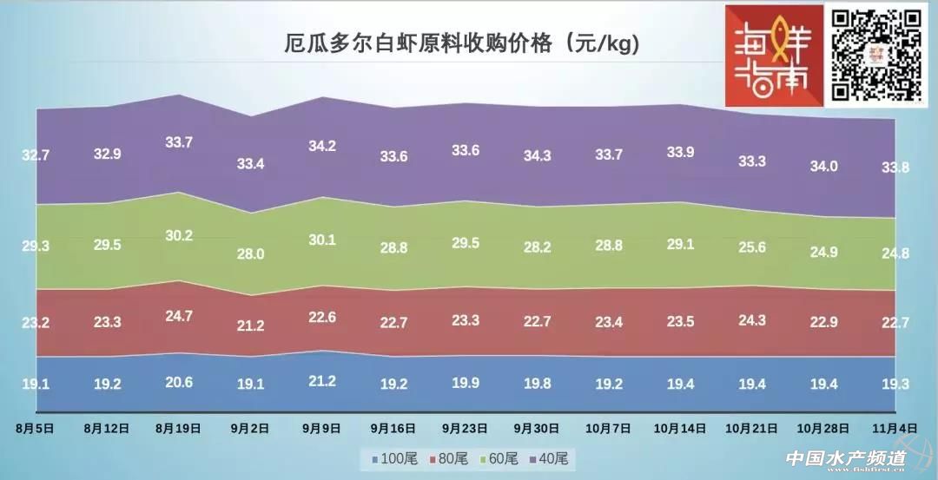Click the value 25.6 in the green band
coord(751,247)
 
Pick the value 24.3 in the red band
coord(751,319)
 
